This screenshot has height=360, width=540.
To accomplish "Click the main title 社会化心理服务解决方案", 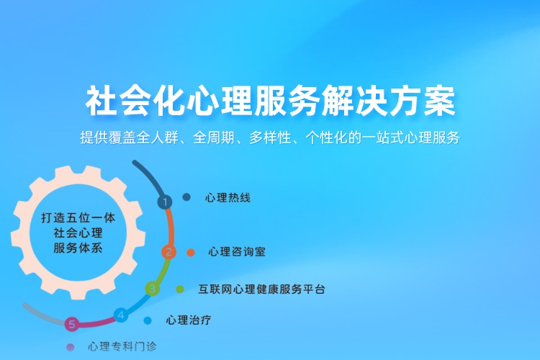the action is coord(270,101).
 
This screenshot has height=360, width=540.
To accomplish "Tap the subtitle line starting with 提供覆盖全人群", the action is coord(270,138).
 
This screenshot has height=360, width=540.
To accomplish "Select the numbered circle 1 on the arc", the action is coord(165,202).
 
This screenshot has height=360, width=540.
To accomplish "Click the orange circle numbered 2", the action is coord(168,252).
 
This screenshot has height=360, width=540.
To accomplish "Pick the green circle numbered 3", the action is coord(152,289).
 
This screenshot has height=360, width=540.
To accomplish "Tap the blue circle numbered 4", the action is coord(121,315).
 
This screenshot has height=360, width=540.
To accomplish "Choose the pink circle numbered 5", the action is coord(72,324).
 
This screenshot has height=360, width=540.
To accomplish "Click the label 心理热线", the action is coord(228,198).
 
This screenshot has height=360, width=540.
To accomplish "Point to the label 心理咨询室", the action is coord(237,251).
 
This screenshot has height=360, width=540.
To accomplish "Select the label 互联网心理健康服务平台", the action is coord(262,289).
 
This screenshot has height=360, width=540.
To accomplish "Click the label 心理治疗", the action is coord(189,320).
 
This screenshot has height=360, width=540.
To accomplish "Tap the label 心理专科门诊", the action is coord(122,346).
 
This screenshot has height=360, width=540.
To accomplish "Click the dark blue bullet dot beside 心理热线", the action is coord(186,197).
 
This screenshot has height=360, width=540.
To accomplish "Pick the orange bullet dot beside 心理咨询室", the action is coord(191,253).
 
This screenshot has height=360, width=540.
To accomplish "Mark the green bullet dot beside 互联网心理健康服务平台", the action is coord(180,289).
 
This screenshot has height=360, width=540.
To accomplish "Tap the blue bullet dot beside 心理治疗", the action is coord(148,320).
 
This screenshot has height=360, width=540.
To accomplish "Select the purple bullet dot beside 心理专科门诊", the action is coord(71,347).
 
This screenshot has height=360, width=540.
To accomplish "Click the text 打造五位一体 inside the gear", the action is coord(78,217).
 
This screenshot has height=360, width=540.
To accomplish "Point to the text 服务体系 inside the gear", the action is coord(78,248).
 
